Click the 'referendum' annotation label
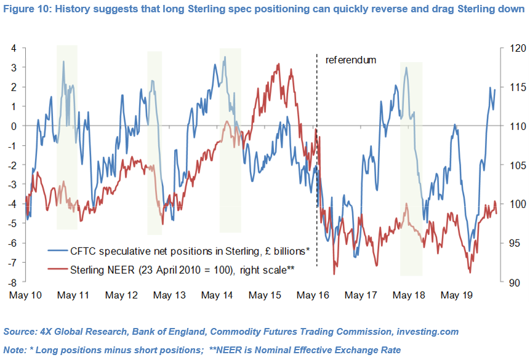click(x=350, y=60)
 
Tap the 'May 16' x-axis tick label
click(x=313, y=295)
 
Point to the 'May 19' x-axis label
click(x=456, y=295)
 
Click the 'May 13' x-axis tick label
click(x=169, y=295)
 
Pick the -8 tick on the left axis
click(x=12, y=283)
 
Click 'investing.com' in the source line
click(x=424, y=331)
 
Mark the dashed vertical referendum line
click(x=317, y=185)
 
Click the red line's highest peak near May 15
click(x=279, y=64)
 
